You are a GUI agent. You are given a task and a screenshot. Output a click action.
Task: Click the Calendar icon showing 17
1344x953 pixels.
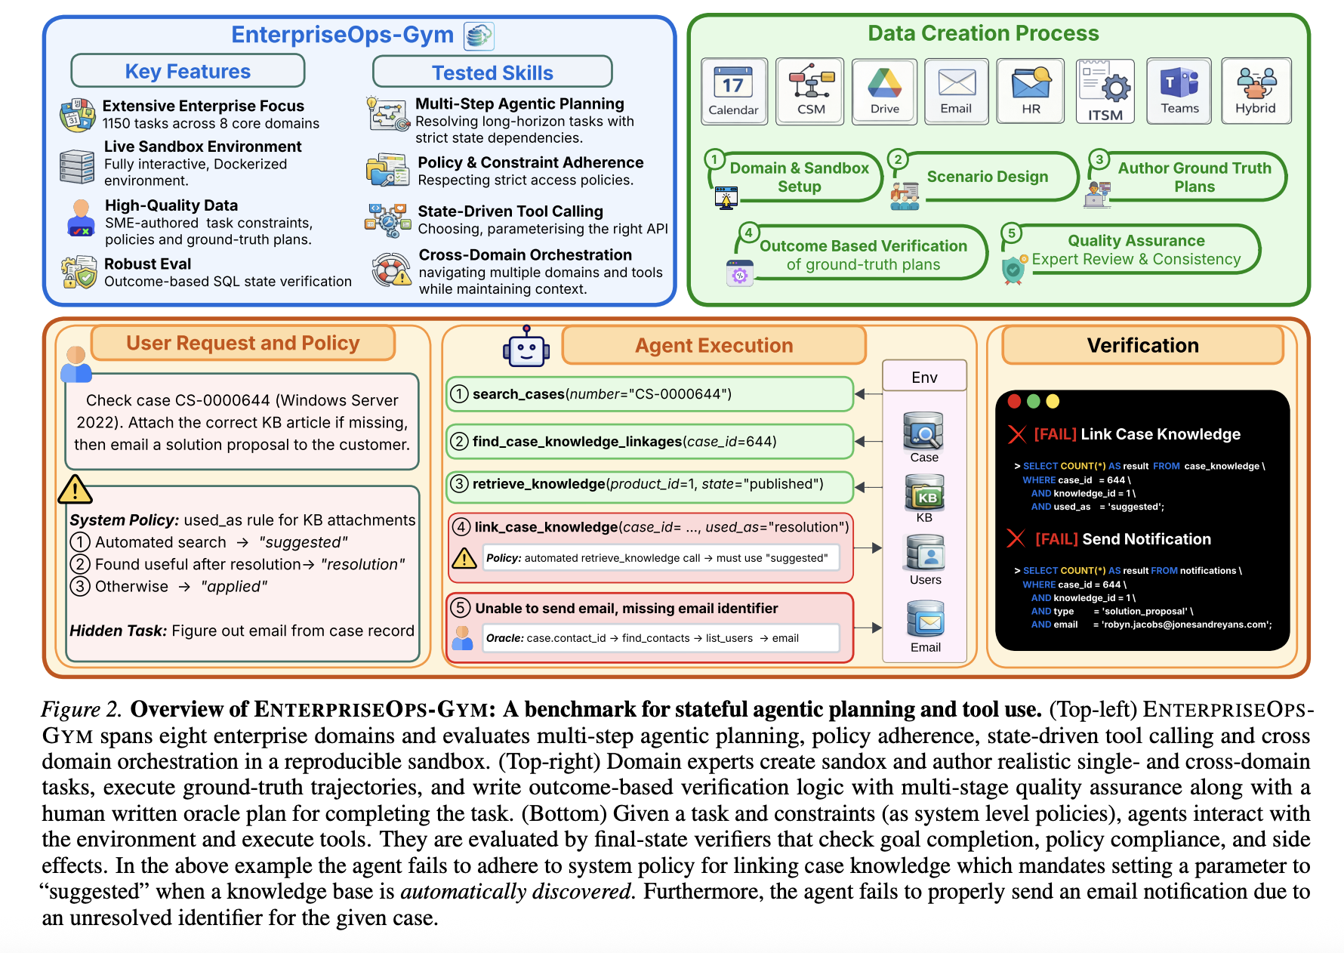tap(733, 90)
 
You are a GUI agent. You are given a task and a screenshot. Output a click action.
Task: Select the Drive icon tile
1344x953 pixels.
tap(884, 90)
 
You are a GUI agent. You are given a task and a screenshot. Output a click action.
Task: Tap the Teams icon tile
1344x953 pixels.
tap(1179, 90)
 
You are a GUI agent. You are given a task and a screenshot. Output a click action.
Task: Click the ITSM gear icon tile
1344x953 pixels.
tap(1105, 90)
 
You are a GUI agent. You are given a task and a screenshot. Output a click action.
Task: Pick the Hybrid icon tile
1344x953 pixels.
tap(1256, 90)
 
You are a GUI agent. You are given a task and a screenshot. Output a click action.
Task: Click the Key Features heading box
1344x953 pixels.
tap(188, 71)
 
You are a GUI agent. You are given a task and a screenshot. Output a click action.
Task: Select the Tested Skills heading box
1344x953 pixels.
tap(492, 72)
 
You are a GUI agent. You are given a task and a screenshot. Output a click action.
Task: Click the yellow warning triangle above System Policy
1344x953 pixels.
tap(75, 490)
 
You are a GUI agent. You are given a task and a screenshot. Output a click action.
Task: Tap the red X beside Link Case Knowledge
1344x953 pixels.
tap(1017, 434)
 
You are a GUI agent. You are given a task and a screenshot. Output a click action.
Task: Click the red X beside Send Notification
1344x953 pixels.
tap(1016, 538)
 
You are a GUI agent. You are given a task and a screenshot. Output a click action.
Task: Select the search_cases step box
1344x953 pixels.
tap(649, 394)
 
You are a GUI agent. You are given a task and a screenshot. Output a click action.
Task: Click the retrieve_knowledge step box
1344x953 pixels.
tap(649, 484)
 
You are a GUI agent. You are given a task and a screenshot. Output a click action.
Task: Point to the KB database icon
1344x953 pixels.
tap(924, 493)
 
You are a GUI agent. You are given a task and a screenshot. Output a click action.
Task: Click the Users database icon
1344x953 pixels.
tap(925, 554)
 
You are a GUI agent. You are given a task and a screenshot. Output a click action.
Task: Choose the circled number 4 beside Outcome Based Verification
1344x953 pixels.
tap(748, 233)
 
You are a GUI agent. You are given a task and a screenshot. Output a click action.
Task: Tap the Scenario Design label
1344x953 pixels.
tap(987, 177)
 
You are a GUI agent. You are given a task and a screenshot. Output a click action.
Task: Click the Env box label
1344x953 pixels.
tap(924, 377)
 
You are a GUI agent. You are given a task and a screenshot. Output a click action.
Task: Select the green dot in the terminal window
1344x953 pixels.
tap(1034, 401)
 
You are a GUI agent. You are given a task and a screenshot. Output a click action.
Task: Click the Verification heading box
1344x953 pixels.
tap(1142, 345)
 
